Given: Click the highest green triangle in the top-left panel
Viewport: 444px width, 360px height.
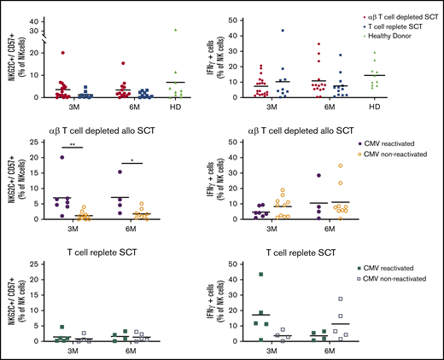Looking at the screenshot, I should pos(175,30).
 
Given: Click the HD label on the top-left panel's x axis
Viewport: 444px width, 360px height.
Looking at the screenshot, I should pos(176,107).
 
